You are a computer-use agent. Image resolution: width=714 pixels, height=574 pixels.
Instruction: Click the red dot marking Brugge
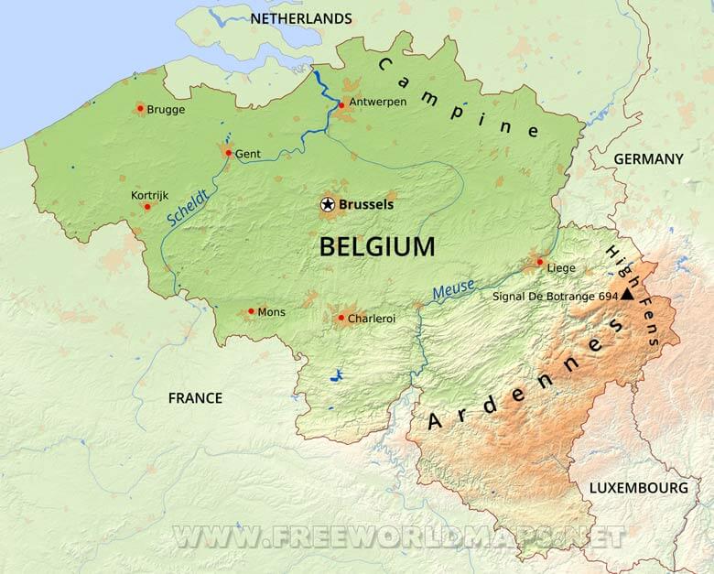pyautogui.click(x=140, y=109)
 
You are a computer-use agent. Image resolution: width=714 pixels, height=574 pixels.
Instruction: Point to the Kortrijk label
pyautogui.click(x=150, y=196)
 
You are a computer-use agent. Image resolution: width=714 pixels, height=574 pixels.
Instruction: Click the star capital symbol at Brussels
pyautogui.click(x=328, y=205)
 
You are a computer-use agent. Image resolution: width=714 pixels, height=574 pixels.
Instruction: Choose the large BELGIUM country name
pyautogui.click(x=377, y=246)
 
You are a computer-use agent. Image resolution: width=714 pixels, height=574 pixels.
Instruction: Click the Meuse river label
pyautogui.click(x=453, y=290)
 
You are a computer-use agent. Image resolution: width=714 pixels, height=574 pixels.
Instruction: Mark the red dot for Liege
pyautogui.click(x=539, y=262)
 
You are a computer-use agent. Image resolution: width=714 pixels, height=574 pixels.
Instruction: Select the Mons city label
pyautogui.click(x=271, y=312)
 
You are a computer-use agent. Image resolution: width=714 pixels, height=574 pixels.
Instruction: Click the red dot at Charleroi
pyautogui.click(x=341, y=319)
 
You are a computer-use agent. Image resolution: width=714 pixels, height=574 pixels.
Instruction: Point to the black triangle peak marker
pyautogui.click(x=627, y=295)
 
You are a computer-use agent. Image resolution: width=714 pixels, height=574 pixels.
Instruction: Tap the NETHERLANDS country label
pyautogui.click(x=300, y=18)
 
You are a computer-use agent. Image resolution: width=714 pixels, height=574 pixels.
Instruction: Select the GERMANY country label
pyautogui.click(x=648, y=158)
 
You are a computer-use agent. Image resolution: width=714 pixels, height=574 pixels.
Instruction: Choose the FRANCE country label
pyautogui.click(x=195, y=397)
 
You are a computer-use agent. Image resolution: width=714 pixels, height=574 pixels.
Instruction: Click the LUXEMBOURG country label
pyautogui.click(x=638, y=488)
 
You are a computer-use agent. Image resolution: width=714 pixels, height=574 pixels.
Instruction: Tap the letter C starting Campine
pyautogui.click(x=384, y=64)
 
